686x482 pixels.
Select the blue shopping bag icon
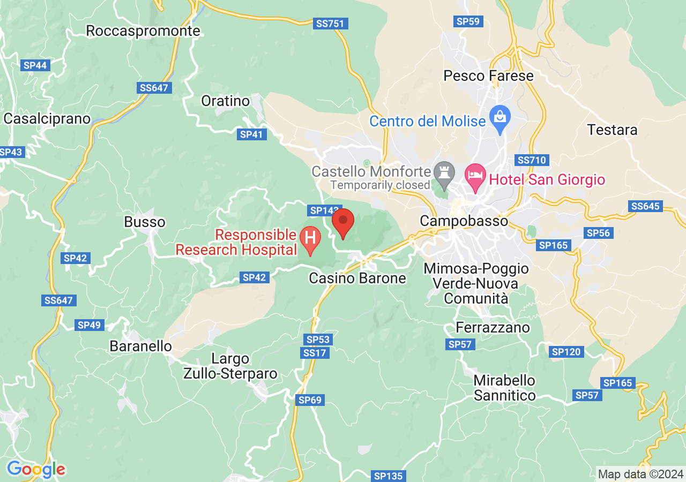pyautogui.click(x=500, y=120)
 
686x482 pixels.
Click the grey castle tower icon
pyautogui.click(x=444, y=172)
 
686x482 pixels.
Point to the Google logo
pyautogui.click(x=36, y=470)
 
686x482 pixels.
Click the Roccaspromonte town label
pyautogui.click(x=143, y=31)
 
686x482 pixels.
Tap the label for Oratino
pyautogui.click(x=226, y=101)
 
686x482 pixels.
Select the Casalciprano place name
pyautogui.click(x=47, y=118)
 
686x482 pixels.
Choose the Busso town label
pyautogui.click(x=145, y=222)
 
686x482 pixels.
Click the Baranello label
pyautogui.click(x=141, y=346)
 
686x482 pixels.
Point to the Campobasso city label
pyautogui.click(x=464, y=221)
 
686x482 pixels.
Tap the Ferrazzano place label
pyautogui.click(x=493, y=327)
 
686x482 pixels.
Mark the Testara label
pyautogui.click(x=612, y=130)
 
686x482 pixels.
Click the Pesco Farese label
pyautogui.click(x=488, y=76)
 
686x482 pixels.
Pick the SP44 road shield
pyautogui.click(x=35, y=65)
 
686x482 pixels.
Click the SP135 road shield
pyautogui.click(x=389, y=476)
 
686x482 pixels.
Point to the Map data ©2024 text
pyautogui.click(x=640, y=474)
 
